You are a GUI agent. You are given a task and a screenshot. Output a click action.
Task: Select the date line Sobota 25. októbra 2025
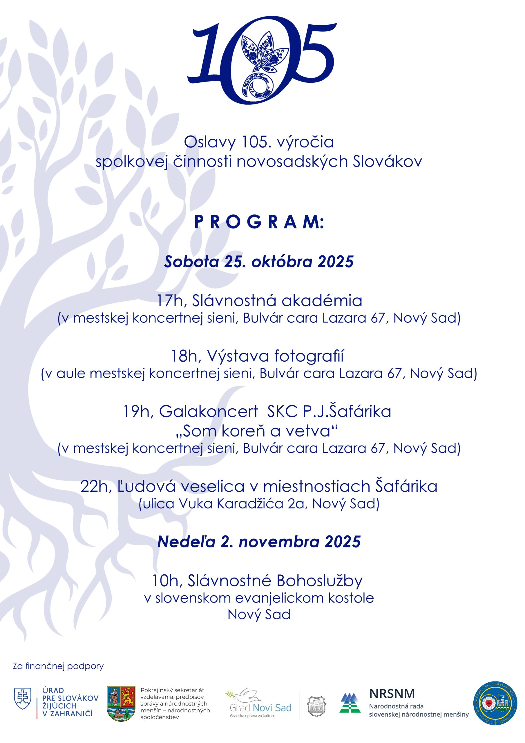tap(259, 262)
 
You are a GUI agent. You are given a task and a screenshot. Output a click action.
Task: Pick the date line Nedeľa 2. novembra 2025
tap(259, 542)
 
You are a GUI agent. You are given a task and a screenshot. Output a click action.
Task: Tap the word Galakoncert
tap(208, 412)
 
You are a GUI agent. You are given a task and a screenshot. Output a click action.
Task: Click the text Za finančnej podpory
tap(58, 667)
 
